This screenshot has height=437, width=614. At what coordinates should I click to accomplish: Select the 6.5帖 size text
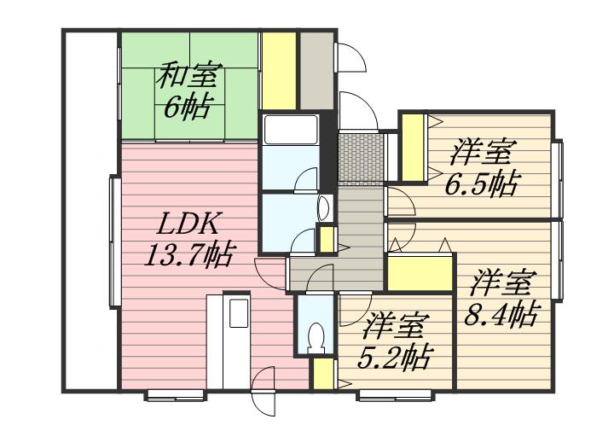pos(482,183)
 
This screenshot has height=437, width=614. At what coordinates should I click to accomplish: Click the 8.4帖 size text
pos(501,313)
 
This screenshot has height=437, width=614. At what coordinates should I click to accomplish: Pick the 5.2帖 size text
pos(393,353)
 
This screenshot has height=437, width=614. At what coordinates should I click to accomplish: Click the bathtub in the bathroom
pos(291,131)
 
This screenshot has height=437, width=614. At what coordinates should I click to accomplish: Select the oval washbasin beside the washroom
pos(323,206)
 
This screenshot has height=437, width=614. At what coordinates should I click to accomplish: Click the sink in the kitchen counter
pos(238,312)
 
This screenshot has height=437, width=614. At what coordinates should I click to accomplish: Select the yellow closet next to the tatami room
pos(278,70)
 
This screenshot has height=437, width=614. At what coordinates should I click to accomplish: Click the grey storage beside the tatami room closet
pos(316,70)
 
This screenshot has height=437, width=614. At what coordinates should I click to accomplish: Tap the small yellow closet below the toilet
pos(322,374)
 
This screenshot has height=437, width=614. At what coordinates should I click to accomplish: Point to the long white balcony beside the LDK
pos(90,209)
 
